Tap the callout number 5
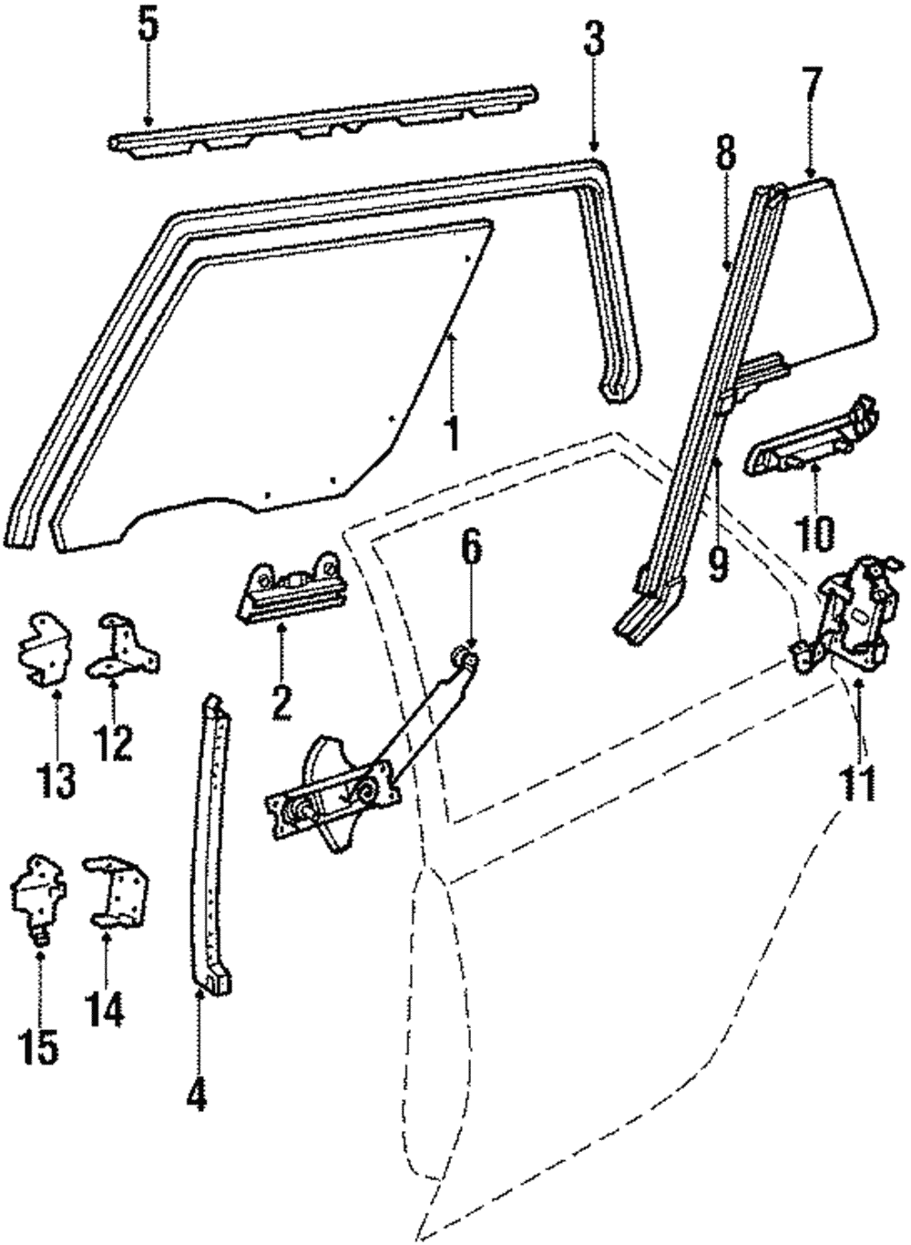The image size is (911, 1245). (148, 26)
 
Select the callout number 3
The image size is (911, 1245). (594, 41)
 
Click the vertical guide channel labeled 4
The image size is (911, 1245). (212, 839)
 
